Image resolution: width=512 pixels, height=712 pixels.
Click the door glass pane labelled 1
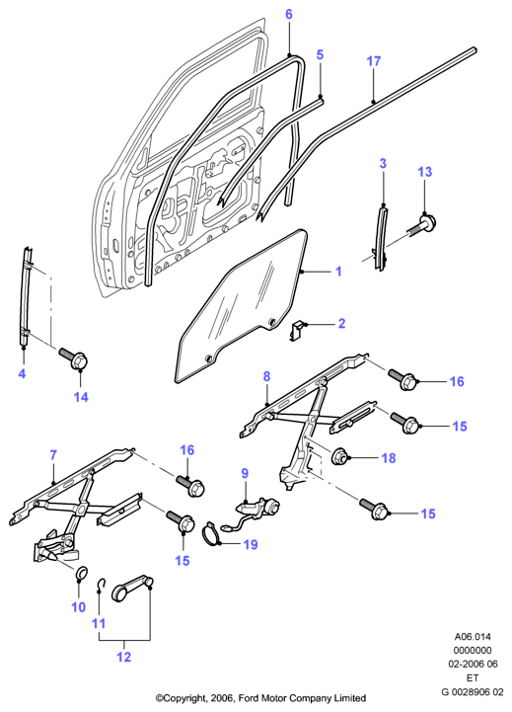pos(241,304)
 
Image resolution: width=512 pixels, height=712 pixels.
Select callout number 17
pos(374,61)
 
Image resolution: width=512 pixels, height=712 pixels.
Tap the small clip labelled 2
pos(297,329)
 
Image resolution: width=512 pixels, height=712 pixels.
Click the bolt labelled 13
pos(422,226)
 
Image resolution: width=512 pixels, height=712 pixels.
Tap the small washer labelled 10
pos(81,574)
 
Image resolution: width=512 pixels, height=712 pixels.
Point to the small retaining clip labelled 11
pos(103,585)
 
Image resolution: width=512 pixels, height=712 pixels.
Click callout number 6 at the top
pos(289,15)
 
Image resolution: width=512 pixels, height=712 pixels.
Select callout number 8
pos(266,376)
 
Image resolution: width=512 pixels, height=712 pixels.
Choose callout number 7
pos(53,455)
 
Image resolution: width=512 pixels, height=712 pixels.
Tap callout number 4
pos(22,374)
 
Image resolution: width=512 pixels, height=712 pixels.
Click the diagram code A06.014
pos(473,637)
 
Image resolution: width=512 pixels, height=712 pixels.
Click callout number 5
pos(320,55)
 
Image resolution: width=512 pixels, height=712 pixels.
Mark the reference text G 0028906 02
pos(473,692)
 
